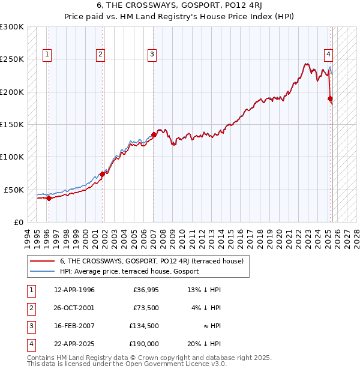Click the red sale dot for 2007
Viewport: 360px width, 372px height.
click(154, 134)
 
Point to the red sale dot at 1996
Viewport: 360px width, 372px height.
click(49, 199)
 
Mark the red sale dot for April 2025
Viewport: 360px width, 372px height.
click(331, 99)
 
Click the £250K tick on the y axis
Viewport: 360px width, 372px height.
click(12, 59)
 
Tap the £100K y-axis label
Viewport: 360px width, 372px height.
click(12, 157)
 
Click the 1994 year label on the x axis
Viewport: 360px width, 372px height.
click(27, 238)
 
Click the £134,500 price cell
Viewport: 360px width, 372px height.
click(144, 326)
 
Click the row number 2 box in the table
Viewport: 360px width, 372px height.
click(31, 308)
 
